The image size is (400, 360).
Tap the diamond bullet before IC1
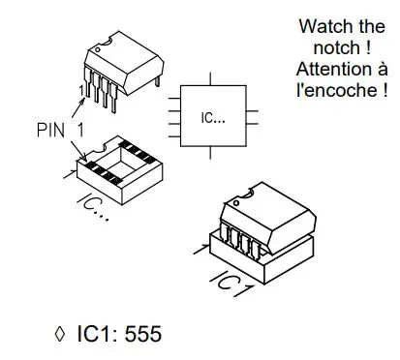pos(61,335)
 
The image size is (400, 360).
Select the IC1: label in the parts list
pos(95,335)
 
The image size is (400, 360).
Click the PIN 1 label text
pos(56,128)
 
